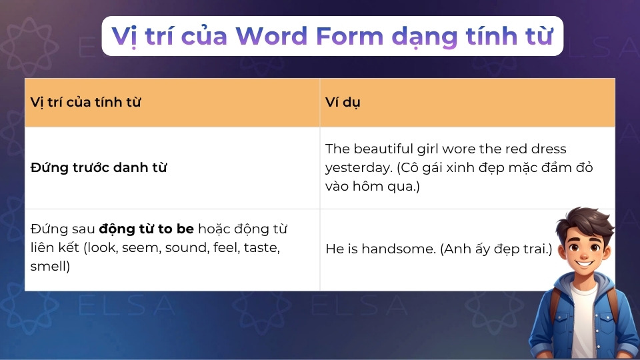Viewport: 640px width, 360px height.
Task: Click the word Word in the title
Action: pos(271,36)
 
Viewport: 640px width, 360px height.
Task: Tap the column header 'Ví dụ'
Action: pos(343,103)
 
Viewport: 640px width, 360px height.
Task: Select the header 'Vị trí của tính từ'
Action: pos(86,103)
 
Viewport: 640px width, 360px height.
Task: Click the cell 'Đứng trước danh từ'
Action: pos(99,168)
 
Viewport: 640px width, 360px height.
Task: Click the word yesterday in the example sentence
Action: pos(359,168)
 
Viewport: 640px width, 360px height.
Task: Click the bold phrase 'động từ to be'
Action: pos(147,229)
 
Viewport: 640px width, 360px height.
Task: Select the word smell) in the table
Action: pos(50,266)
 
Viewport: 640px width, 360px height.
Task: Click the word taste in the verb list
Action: pos(262,248)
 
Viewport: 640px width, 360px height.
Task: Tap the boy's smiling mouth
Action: pos(585,263)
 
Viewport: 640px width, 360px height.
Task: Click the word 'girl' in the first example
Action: pos(428,149)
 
